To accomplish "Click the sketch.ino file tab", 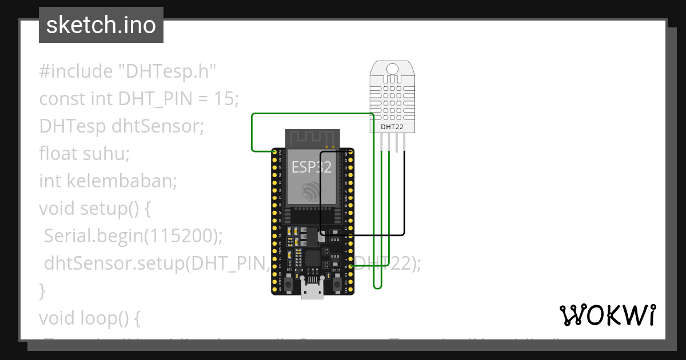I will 101,25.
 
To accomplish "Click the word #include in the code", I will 76,71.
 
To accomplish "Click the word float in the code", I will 54,154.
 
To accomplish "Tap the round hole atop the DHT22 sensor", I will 392,69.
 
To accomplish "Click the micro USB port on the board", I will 312,291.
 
